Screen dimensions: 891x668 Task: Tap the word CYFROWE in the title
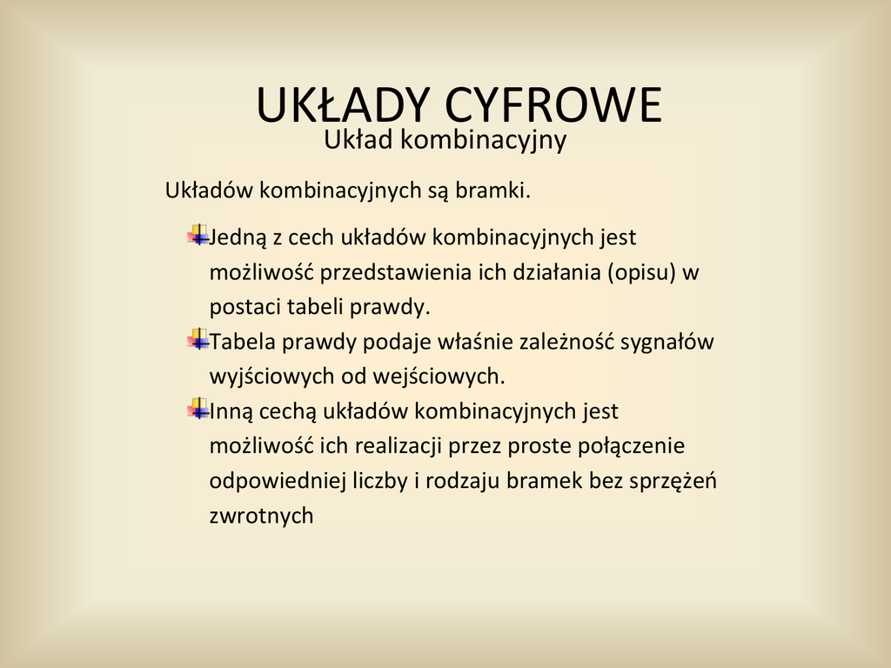(553, 105)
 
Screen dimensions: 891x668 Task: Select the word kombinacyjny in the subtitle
(484, 140)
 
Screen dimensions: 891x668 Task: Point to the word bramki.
(492, 190)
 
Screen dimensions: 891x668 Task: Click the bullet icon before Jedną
(198, 235)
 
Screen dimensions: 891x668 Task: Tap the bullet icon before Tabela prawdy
(198, 340)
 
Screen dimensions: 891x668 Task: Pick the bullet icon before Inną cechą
(198, 409)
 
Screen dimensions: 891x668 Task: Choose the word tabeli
(315, 307)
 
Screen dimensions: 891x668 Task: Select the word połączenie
(632, 446)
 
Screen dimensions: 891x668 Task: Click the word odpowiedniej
(278, 481)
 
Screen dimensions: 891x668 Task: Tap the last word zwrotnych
(261, 516)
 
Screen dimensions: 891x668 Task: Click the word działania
(556, 272)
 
